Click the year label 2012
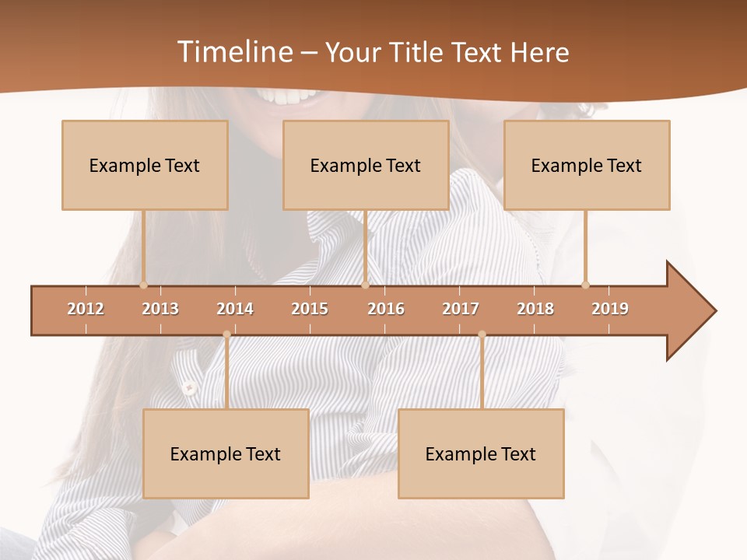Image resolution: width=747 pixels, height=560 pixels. (86, 309)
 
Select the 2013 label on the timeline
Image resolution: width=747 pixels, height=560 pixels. (160, 309)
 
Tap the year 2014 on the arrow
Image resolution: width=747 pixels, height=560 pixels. (235, 309)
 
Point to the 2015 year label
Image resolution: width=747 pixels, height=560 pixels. (310, 309)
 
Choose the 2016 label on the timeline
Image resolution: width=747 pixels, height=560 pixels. (386, 309)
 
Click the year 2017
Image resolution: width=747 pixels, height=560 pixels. (461, 309)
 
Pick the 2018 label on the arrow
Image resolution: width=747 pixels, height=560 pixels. (535, 309)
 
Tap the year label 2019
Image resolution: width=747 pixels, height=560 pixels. (610, 309)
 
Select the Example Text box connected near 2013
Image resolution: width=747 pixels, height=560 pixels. (145, 165)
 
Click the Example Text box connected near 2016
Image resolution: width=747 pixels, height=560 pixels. (366, 165)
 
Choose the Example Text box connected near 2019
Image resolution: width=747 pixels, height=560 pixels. (587, 165)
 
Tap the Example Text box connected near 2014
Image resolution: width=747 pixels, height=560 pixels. (226, 453)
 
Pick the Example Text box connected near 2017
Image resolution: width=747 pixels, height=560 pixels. (481, 453)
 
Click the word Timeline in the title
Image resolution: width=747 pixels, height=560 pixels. (234, 52)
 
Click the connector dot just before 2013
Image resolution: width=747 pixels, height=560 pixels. (143, 285)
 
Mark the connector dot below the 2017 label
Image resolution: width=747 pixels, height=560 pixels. (482, 334)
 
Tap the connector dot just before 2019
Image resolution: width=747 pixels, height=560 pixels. (585, 285)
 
